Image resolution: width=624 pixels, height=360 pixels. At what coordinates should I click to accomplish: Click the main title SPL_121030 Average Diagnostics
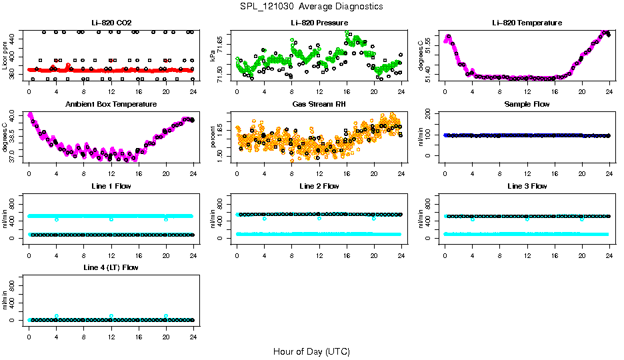click(312, 6)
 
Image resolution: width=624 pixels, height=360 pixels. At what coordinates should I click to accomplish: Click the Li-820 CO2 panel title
click(111, 23)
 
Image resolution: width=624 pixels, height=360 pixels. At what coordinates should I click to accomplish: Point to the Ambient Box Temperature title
click(111, 105)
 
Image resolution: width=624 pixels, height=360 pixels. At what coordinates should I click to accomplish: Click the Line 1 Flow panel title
click(111, 186)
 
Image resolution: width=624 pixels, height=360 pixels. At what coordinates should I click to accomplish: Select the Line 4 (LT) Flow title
click(111, 267)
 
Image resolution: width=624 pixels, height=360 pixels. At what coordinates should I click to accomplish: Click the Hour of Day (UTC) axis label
click(311, 351)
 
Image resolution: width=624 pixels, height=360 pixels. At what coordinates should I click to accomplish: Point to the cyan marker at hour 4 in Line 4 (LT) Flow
click(57, 316)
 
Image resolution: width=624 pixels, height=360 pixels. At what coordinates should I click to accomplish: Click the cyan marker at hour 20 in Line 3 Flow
click(582, 219)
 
